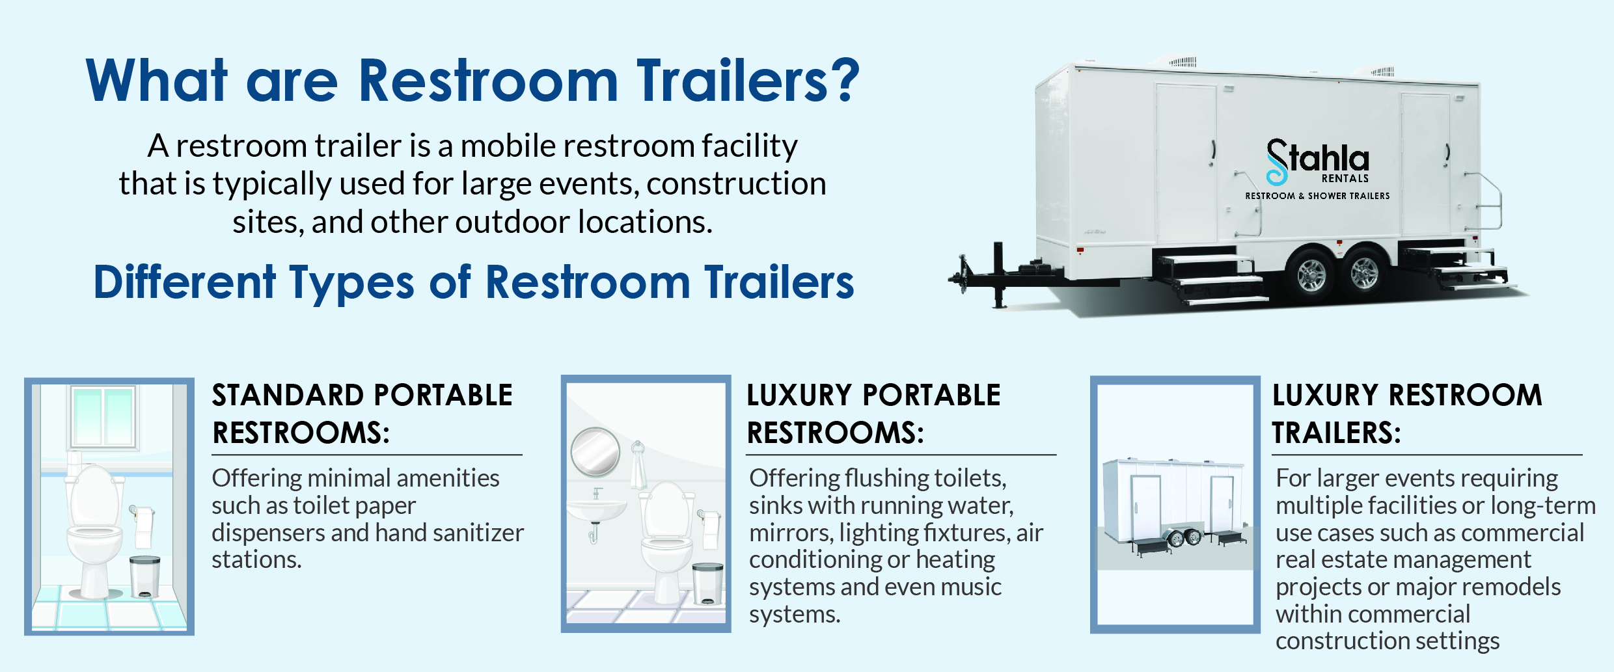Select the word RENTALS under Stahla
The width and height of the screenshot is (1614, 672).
[1345, 179]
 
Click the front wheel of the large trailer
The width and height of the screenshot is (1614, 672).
[1311, 275]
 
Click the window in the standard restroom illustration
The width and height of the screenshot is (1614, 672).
[103, 416]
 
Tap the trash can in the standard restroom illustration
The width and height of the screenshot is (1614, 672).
[144, 576]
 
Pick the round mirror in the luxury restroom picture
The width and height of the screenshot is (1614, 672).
[595, 452]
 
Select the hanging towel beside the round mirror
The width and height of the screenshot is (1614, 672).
[638, 465]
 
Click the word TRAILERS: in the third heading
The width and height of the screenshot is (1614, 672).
[1336, 433]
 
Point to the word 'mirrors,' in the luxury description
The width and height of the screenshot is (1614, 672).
[791, 533]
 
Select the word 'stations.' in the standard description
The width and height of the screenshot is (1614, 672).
[256, 560]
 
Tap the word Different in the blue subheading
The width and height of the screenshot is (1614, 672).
[185, 283]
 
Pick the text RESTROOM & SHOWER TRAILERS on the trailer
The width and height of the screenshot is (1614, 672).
[1317, 196]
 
